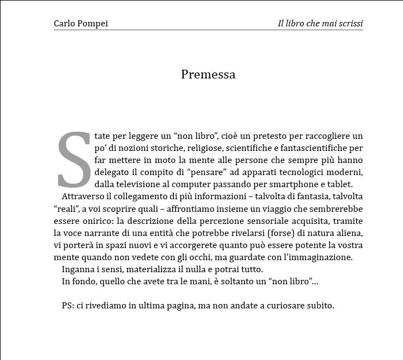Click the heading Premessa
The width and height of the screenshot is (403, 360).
click(x=208, y=75)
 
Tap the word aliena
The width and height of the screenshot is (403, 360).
click(x=350, y=233)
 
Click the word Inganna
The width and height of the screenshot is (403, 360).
click(x=78, y=269)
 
